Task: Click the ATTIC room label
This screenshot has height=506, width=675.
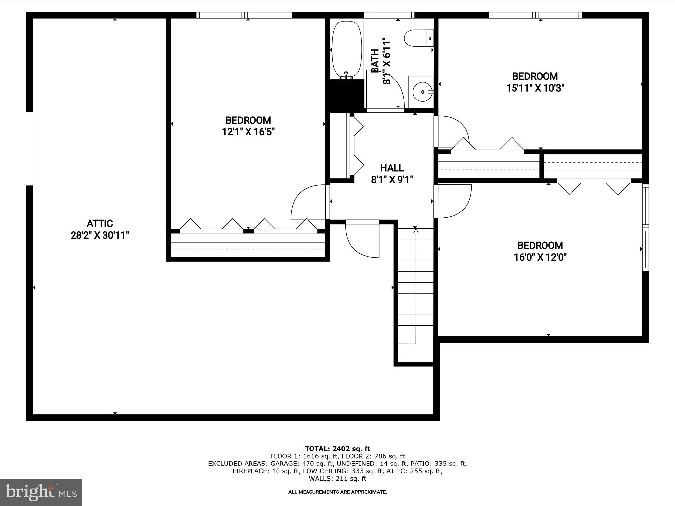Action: pyautogui.click(x=100, y=223)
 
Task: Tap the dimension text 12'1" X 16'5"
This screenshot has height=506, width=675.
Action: pyautogui.click(x=248, y=132)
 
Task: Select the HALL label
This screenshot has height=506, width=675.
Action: pyautogui.click(x=392, y=168)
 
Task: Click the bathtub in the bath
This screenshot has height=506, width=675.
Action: pyautogui.click(x=346, y=49)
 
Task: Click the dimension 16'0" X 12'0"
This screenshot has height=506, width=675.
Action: pyautogui.click(x=540, y=257)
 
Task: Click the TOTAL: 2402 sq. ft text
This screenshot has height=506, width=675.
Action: pyautogui.click(x=337, y=449)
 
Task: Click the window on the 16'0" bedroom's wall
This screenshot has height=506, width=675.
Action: pyautogui.click(x=645, y=227)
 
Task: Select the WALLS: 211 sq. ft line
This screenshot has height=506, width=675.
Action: pyautogui.click(x=337, y=479)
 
